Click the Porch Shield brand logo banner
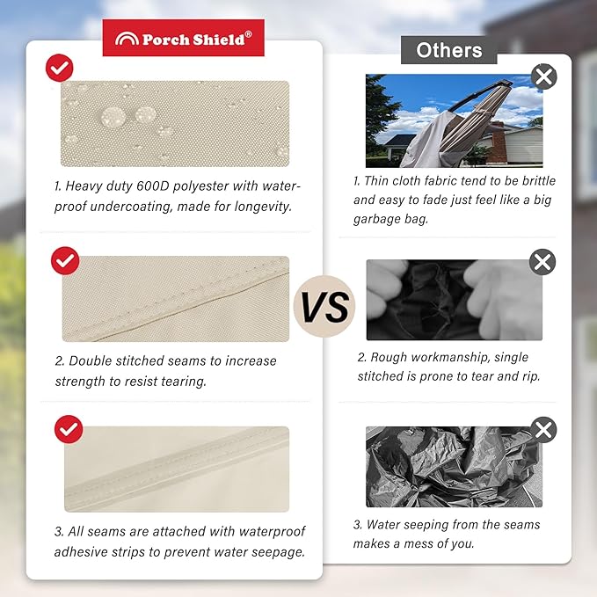pyautogui.click(x=183, y=38)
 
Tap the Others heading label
pyautogui.click(x=449, y=50)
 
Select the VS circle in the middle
pyautogui.click(x=324, y=306)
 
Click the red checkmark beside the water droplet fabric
pyautogui.click(x=60, y=68)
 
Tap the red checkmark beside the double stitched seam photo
pyautogui.click(x=65, y=261)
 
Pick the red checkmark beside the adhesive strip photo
pyautogui.click(x=69, y=429)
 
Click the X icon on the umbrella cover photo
pyautogui.click(x=543, y=76)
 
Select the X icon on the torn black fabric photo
pyautogui.click(x=542, y=262)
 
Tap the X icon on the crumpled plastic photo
pyautogui.click(x=543, y=430)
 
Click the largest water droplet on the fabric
pyautogui.click(x=113, y=117)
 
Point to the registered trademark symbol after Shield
pyautogui.click(x=248, y=34)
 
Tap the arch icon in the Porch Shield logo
pyautogui.click(x=127, y=39)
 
